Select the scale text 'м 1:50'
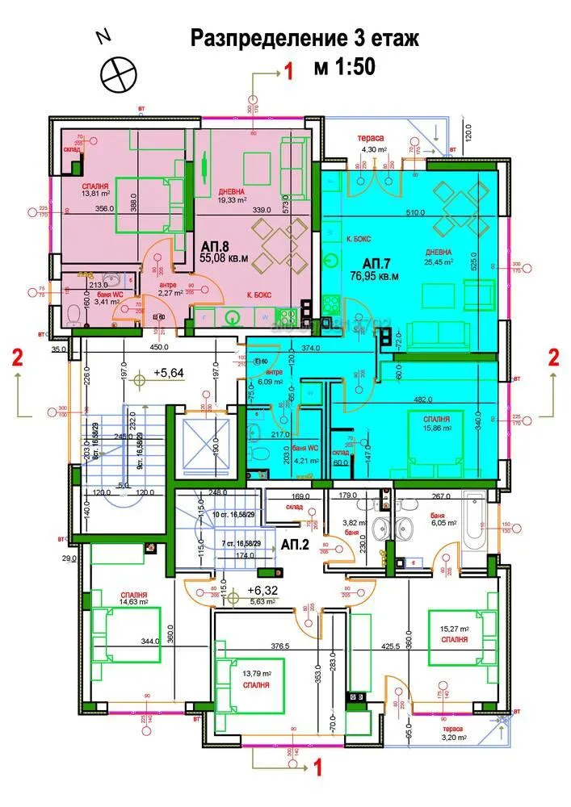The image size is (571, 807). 344,68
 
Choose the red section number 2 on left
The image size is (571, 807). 15,358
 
